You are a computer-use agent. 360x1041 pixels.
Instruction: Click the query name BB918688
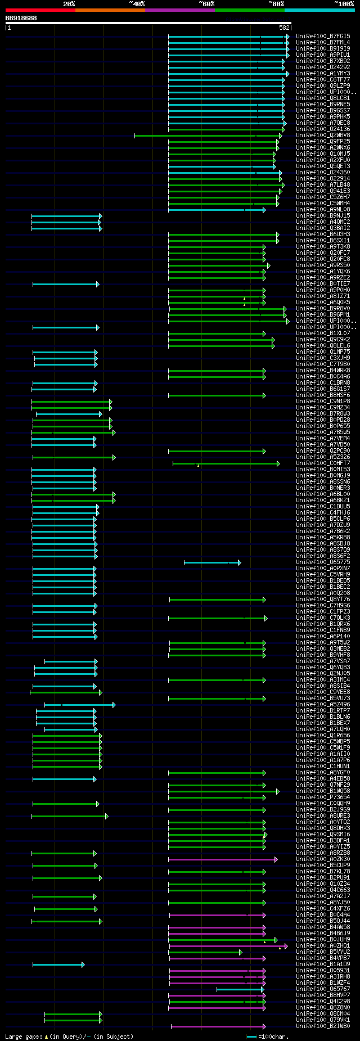point(21,18)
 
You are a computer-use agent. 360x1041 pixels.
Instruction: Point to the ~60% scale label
point(206,4)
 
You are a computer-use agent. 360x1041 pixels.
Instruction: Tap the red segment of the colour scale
point(40,10)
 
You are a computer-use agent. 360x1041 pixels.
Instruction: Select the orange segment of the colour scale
point(110,10)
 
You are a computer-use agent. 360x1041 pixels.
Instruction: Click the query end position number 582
point(284,27)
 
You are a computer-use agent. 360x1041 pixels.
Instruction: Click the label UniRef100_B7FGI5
point(323,37)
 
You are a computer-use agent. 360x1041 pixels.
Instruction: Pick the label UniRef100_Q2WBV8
point(323,136)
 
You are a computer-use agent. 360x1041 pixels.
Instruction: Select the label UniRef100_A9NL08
point(323,210)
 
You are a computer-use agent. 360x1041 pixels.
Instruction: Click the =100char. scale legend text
point(273,1036)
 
